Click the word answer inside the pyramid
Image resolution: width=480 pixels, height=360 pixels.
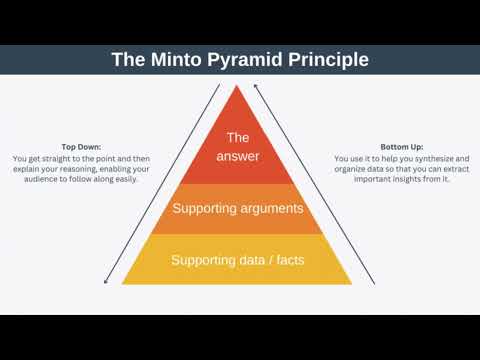[238, 157]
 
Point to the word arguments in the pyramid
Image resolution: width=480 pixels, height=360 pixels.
[269, 209]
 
